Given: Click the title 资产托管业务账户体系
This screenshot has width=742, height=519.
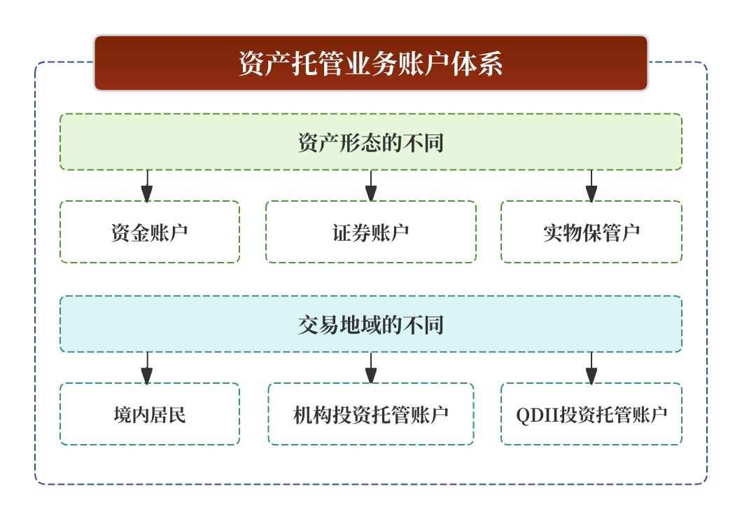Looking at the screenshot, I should tap(371, 64).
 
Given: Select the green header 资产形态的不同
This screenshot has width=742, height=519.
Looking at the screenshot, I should tap(371, 143).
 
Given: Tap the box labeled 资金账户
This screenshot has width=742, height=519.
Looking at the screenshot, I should tap(149, 233).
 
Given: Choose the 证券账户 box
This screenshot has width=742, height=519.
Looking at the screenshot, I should tap(371, 233).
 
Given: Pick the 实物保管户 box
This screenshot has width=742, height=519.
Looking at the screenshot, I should tap(591, 233).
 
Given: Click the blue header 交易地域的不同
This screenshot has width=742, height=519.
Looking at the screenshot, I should tap(371, 324).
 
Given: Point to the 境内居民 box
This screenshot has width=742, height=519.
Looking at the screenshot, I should tap(149, 415).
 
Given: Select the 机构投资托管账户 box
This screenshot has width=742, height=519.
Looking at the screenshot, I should tap(371, 415).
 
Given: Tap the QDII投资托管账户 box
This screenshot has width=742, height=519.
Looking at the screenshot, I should tap(591, 415).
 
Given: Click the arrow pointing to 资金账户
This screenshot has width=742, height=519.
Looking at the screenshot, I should tap(146, 186).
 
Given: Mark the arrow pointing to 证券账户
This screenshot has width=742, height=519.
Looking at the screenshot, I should tap(371, 186).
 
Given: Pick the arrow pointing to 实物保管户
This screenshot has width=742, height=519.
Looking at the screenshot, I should tap(591, 186).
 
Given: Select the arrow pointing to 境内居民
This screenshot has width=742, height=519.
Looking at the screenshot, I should tap(146, 368).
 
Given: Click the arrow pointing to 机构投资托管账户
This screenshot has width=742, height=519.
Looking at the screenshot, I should tap(371, 368).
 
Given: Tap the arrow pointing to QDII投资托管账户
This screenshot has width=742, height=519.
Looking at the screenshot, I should tap(591, 368).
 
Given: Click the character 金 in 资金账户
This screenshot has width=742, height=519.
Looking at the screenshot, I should tap(139, 233).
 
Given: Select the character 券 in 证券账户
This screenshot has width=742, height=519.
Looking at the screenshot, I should tap(361, 233).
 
